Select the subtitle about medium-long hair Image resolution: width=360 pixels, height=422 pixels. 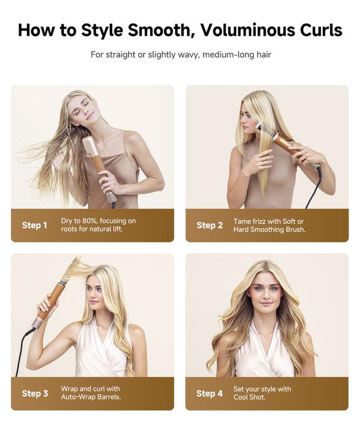tap(180, 54)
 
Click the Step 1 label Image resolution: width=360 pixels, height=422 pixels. tap(34, 225)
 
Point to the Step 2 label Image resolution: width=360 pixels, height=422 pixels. tap(209, 225)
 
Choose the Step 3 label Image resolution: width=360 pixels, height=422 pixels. tap(35, 393)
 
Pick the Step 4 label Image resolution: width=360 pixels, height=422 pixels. tap(209, 393)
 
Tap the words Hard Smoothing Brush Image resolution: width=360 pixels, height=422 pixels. tap(269, 229)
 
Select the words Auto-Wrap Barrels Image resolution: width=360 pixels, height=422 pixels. tap(90, 397)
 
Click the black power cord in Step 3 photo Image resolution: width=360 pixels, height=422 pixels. tap(22, 347)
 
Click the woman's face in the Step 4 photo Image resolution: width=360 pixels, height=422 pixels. tap(266, 293)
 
